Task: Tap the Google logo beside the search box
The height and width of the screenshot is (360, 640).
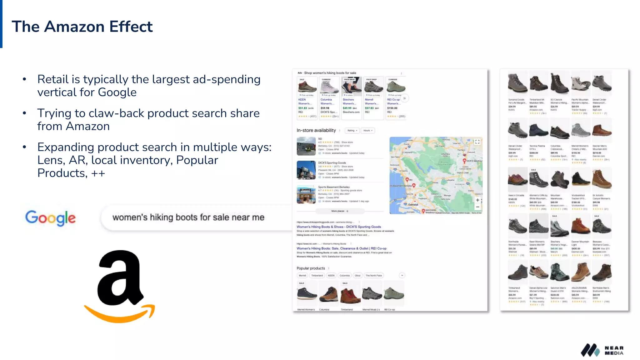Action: [x=50, y=218]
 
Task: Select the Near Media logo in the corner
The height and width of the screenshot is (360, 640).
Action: [x=602, y=350]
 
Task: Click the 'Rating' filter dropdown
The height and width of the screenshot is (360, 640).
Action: [x=352, y=131]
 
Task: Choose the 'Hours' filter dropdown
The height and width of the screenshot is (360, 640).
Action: [x=368, y=131]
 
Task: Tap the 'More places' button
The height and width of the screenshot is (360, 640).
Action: [x=340, y=211]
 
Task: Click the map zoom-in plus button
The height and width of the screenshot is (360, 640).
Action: [x=477, y=200]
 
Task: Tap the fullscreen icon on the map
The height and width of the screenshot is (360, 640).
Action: [x=477, y=142]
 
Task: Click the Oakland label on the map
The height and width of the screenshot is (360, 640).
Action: [x=413, y=204]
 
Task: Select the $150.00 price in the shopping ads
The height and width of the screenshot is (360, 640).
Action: [x=392, y=108]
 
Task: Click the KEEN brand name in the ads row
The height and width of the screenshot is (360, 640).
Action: [x=302, y=100]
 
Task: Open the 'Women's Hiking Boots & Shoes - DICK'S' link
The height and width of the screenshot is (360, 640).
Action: [x=339, y=227]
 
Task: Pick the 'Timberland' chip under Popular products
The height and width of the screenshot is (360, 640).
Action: [x=317, y=276]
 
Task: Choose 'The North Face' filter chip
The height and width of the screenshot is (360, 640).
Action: [x=374, y=276]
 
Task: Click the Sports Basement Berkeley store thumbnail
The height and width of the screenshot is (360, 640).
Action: [x=306, y=194]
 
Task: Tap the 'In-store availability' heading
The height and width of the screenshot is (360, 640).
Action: [x=316, y=130]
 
